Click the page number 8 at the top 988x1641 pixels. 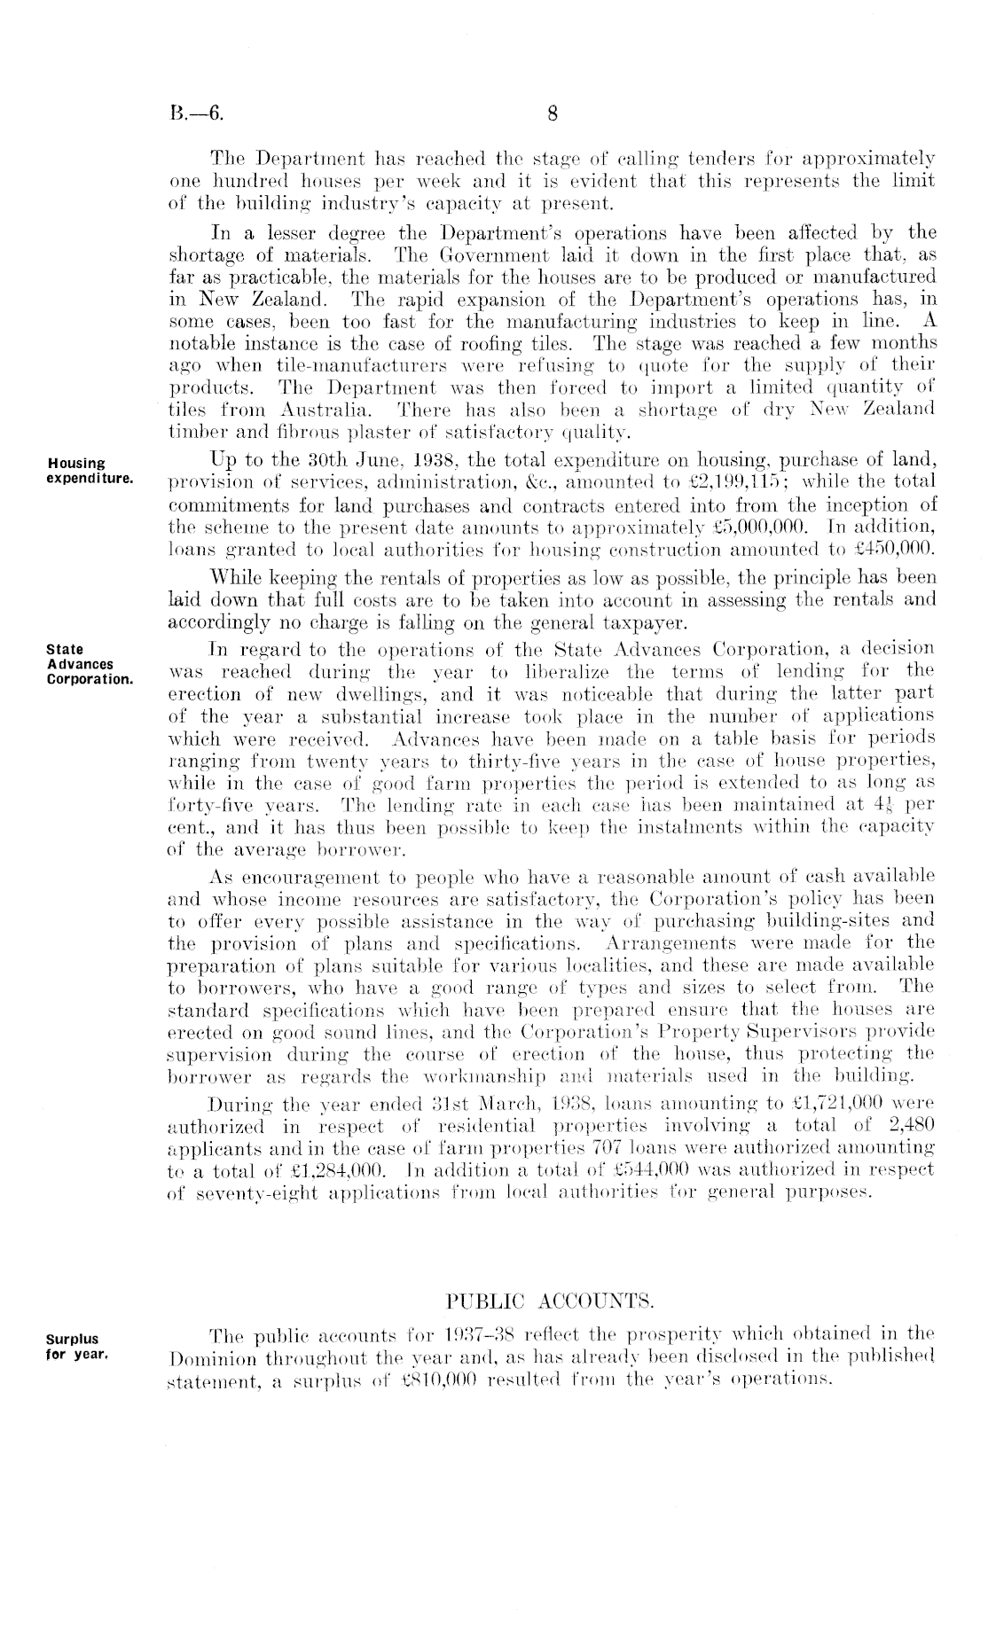coord(552,113)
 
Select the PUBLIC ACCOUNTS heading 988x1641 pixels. coord(549,1301)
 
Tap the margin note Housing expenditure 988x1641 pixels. coord(90,470)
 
